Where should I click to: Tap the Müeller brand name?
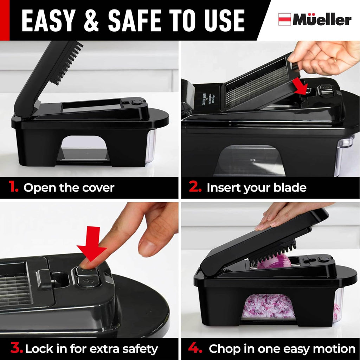322,20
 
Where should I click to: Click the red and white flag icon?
284,19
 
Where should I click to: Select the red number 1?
14,187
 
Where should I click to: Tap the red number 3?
16,349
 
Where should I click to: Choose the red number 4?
195,349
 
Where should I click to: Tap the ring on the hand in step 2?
335,60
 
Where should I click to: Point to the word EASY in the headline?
49,20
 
